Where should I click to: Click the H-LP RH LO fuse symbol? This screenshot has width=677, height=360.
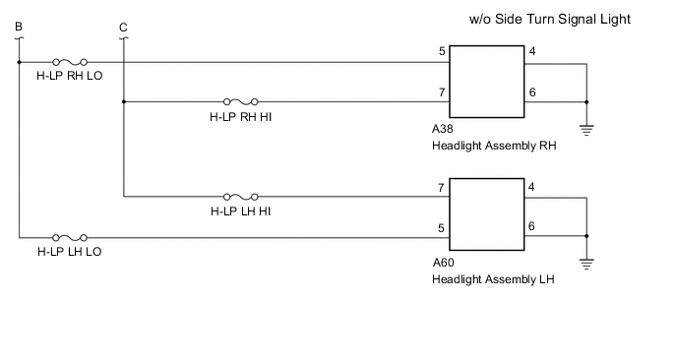click(72, 61)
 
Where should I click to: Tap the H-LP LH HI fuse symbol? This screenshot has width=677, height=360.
click(242, 196)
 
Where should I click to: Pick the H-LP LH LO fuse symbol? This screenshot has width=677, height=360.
click(70, 237)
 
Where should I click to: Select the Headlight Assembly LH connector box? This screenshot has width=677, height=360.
click(486, 216)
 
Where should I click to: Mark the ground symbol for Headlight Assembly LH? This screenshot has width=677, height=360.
click(586, 265)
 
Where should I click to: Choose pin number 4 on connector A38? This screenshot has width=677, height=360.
click(532, 52)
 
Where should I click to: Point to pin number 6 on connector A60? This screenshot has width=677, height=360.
click(532, 226)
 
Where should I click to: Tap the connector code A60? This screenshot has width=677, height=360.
click(443, 264)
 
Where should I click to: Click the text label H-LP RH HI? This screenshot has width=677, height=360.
click(242, 116)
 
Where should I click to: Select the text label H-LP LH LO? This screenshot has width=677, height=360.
click(69, 252)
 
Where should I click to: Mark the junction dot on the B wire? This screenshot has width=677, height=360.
click(19, 61)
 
